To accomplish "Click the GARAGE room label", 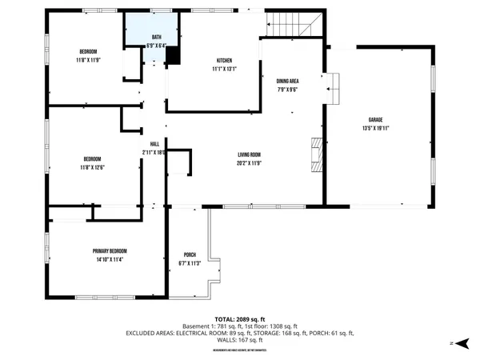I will [x=380, y=119].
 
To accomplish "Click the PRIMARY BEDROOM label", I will [x=109, y=251].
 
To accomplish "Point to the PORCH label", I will [x=190, y=255].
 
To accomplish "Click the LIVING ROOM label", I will [x=249, y=154].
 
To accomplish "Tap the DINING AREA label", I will [x=288, y=82].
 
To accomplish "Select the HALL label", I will [x=155, y=144].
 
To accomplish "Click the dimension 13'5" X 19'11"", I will [x=380, y=127].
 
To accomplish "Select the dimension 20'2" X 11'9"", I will [x=249, y=162].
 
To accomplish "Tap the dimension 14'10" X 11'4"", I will [x=109, y=259].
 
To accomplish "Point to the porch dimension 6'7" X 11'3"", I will [x=190, y=263].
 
